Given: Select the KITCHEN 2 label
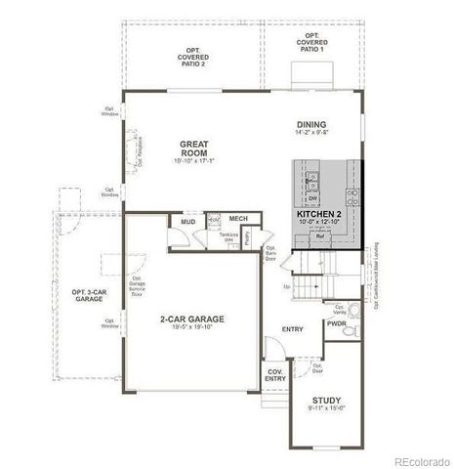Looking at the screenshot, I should click(319, 213).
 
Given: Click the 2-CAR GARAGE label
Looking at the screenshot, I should click(191, 319).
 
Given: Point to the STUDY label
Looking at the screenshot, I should click(326, 401).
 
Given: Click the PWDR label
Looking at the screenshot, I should click(338, 322).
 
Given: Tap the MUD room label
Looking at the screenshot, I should click(187, 223).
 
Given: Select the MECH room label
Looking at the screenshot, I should click(237, 218).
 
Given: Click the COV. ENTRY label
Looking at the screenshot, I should click(275, 376).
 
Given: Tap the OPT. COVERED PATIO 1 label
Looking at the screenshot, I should click(311, 43).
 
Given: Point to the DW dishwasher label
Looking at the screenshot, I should click(311, 195).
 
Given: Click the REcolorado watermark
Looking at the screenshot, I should click(418, 460).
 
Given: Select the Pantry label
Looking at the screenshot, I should click(249, 236).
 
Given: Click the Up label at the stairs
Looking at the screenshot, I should click(286, 287).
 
